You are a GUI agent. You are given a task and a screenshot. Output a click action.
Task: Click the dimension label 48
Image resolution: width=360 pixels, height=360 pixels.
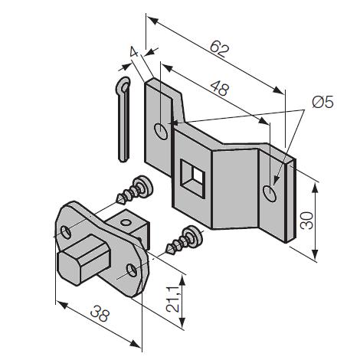pos(220,88)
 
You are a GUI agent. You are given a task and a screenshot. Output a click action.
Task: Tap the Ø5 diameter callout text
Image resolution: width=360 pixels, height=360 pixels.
pos(322,103)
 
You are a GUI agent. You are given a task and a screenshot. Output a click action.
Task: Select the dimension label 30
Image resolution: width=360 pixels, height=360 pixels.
pos(307,221)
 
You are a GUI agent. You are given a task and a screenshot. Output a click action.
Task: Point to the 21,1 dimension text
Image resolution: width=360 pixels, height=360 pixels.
pos(172,299)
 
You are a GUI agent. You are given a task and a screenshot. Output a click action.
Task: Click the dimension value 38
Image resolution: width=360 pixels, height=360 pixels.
pos(100,313)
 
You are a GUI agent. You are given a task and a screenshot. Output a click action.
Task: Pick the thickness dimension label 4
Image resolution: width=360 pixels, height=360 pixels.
pos(134,52)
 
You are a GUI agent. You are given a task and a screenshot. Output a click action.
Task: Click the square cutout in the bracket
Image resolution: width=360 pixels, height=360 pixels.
pos(192,178)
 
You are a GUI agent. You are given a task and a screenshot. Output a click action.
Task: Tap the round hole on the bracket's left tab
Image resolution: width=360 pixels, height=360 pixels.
pos(161,132)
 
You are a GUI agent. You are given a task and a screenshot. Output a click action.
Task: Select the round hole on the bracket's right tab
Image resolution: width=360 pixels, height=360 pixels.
pos(270,194)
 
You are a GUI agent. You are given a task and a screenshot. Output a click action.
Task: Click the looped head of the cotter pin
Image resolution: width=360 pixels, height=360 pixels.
pos(123,86)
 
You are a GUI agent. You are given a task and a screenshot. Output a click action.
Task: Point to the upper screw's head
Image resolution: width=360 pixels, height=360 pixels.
pos(143,186)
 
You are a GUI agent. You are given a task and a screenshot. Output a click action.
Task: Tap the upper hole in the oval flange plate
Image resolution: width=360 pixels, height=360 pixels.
pos(66,232)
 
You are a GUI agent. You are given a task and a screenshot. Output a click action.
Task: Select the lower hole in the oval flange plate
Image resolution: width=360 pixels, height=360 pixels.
pos(132,270)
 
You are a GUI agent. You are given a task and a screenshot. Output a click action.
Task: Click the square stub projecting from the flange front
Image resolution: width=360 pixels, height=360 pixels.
pos(83,260)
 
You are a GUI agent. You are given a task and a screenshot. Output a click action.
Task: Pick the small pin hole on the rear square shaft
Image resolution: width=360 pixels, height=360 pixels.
pos(126,222)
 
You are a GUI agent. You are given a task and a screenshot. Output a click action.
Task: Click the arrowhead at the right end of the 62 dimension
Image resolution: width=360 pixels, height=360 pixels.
pos(278,90)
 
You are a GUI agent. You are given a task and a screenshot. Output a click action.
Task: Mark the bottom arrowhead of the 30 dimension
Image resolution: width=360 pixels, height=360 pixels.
pos(316,254)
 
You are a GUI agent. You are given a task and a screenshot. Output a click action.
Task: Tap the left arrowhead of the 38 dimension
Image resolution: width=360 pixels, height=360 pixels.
pos(63,305)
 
